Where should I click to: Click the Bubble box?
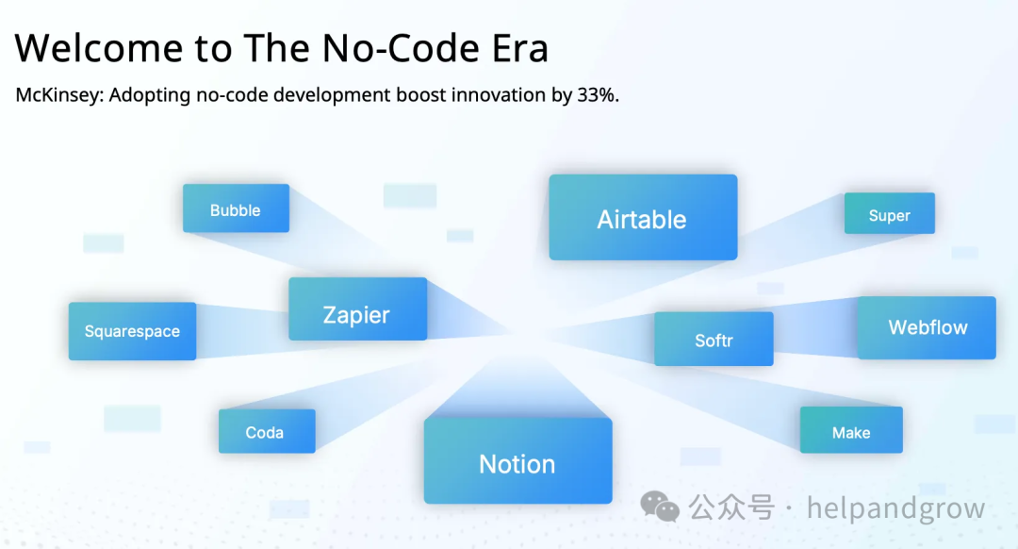tap(236, 208)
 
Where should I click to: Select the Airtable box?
tap(643, 217)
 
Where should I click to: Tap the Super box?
tap(890, 213)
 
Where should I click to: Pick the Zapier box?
tap(358, 308)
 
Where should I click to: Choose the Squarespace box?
tap(133, 331)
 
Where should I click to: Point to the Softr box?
tap(714, 339)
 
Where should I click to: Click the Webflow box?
tap(927, 327)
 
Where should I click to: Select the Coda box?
tap(267, 431)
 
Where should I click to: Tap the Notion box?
tap(518, 460)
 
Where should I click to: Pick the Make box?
tap(851, 429)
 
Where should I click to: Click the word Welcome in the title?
tap(99, 48)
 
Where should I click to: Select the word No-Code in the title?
tap(401, 48)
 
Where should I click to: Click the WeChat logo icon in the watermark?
tap(660, 507)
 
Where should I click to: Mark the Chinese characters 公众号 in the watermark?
tap(731, 507)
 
